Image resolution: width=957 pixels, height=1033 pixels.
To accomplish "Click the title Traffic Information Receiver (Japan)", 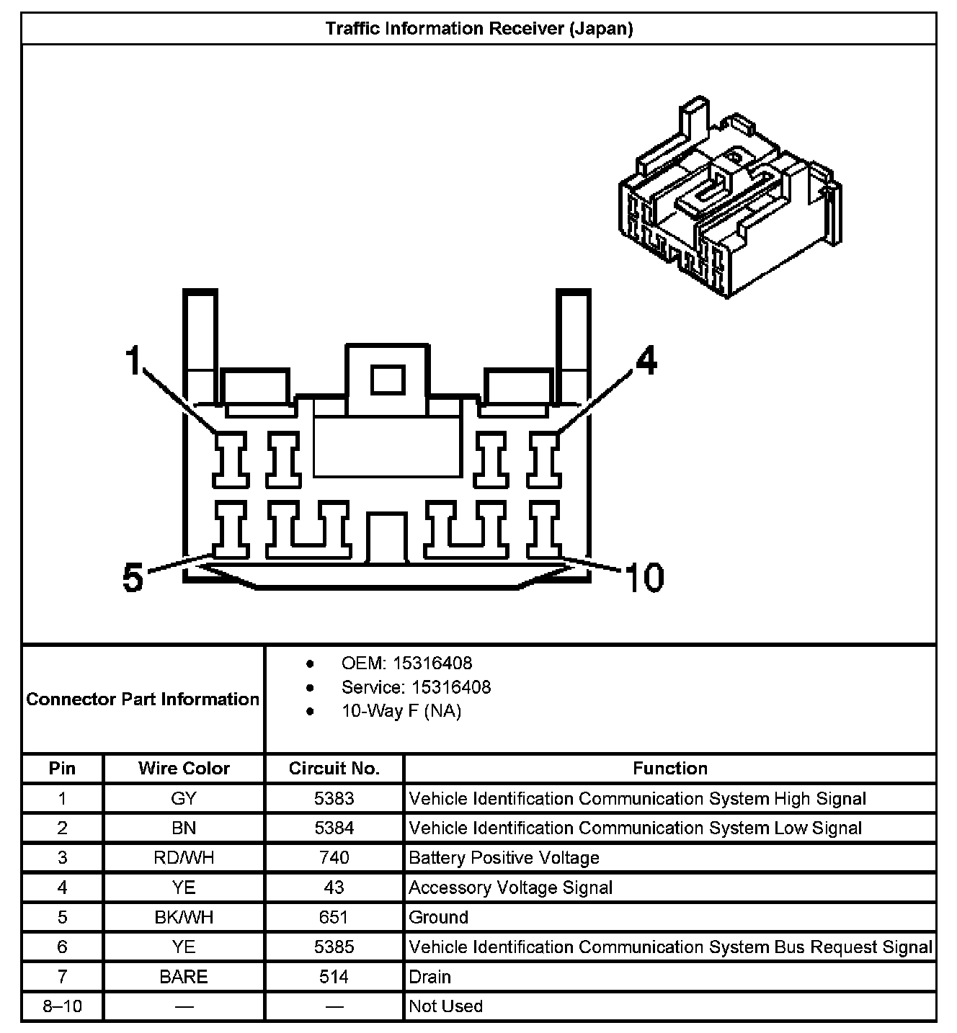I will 478,29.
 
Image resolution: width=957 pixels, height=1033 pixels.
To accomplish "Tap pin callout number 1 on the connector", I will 133,360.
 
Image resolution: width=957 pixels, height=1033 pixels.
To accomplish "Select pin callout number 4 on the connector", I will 646,360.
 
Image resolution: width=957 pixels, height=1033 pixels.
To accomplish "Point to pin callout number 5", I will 133,578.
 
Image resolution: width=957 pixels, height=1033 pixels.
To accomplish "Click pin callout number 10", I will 644,578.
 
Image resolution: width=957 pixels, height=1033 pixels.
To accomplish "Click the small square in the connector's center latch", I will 388,380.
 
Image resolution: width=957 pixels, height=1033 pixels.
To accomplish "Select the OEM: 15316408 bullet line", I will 406,663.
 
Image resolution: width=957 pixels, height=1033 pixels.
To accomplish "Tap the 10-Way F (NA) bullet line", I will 401,711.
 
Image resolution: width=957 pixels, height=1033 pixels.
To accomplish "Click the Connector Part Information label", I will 143,699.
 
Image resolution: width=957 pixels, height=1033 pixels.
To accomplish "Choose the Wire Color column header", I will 184,769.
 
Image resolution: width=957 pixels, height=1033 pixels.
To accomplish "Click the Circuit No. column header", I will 334,769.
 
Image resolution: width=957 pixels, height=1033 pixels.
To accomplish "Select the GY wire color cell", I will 184,798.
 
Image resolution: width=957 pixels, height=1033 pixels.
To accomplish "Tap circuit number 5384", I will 334,828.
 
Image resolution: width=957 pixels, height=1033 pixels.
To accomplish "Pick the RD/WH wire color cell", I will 184,858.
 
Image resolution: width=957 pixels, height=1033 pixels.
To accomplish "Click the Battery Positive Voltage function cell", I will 504,858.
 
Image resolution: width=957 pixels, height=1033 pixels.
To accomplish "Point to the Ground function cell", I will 438,917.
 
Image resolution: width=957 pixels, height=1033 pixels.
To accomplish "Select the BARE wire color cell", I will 184,977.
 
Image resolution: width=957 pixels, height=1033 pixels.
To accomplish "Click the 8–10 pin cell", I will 62,1006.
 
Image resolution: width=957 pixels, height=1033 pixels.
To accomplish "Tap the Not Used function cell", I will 445,1006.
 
